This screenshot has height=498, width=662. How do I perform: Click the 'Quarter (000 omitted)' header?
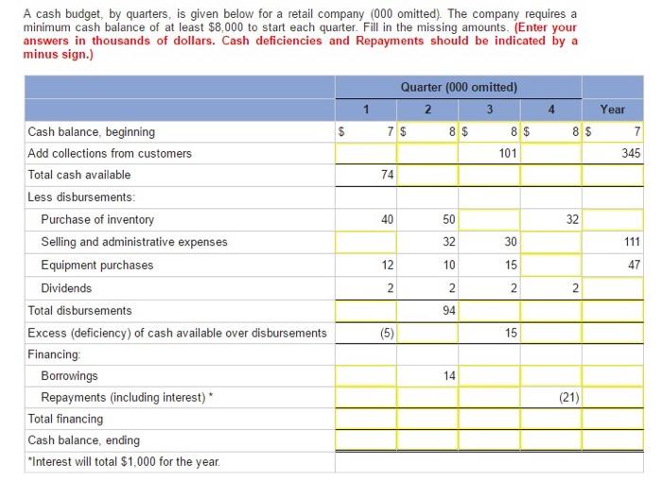pos(459,88)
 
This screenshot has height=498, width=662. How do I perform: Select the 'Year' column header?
pos(612,110)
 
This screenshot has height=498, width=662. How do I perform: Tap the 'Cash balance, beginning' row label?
pos(92,132)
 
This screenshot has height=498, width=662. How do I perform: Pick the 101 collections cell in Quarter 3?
pos(489,153)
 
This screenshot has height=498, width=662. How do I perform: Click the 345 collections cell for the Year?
pos(612,153)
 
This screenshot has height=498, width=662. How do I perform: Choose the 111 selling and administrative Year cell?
pos(612,242)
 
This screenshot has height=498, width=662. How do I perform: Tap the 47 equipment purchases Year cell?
pos(612,265)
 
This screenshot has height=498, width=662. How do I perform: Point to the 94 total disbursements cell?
pos(427,310)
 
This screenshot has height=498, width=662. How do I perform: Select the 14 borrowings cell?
pos(427,375)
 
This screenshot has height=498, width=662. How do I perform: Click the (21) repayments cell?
pos(550,397)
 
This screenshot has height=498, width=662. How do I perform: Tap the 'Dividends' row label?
pos(66,287)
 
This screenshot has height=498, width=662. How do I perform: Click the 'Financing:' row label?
pos(53,353)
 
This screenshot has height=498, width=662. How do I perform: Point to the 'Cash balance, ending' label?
pos(83,440)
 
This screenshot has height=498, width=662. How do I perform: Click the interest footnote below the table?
pos(123,460)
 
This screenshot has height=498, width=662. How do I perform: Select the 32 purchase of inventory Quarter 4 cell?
pos(550,219)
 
